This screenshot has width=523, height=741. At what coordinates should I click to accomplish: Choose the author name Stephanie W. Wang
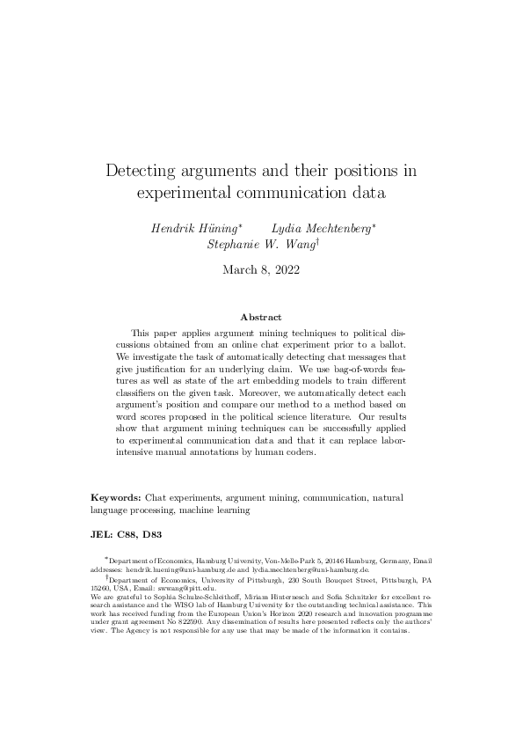coord(260,246)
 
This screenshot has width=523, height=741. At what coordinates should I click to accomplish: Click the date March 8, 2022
coord(261,271)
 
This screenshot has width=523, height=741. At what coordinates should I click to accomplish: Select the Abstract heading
coord(261,317)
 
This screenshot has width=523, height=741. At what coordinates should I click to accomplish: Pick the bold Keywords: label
coord(117,498)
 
